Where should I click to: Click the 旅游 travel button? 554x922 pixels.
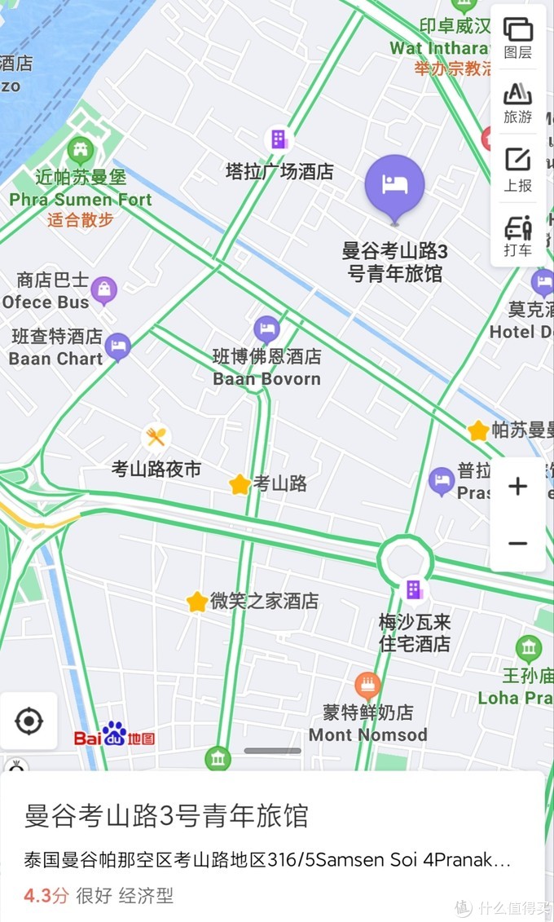pyautogui.click(x=517, y=103)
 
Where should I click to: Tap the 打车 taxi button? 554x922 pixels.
pyautogui.click(x=517, y=235)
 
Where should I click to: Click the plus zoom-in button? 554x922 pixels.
pyautogui.click(x=517, y=487)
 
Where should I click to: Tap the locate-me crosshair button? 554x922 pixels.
pyautogui.click(x=29, y=721)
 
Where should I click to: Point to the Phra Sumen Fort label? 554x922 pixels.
pyautogui.click(x=81, y=199)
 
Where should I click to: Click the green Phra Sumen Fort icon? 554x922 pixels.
pyautogui.click(x=80, y=150)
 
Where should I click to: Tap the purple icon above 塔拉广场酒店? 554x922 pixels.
pyautogui.click(x=279, y=139)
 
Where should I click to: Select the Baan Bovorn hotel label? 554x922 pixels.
pyautogui.click(x=266, y=368)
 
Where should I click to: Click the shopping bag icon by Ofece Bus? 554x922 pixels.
pyautogui.click(x=103, y=290)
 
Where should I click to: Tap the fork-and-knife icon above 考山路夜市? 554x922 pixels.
pyautogui.click(x=156, y=438)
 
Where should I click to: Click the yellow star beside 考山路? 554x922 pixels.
pyautogui.click(x=240, y=484)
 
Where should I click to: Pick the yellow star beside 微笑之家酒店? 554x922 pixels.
pyautogui.click(x=197, y=602)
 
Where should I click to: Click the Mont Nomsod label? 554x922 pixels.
pyautogui.click(x=367, y=735)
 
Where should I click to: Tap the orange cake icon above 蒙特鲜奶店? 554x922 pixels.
pyautogui.click(x=367, y=685)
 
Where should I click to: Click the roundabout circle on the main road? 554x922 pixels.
pyautogui.click(x=405, y=560)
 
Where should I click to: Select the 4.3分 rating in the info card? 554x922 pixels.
pyautogui.click(x=46, y=896)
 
